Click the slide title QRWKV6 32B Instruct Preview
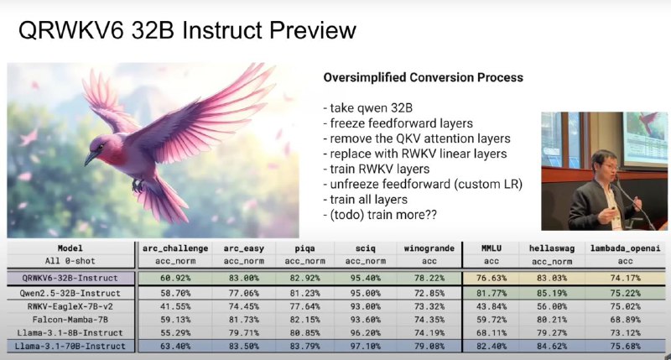click(x=187, y=30)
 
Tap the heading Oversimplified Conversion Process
click(x=424, y=77)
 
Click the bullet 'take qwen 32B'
click(x=368, y=108)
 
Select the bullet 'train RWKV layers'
click(x=377, y=169)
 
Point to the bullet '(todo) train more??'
click(x=381, y=215)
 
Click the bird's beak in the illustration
click(x=91, y=158)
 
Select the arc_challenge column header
click(x=175, y=248)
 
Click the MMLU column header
click(x=491, y=248)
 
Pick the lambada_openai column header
click(x=625, y=248)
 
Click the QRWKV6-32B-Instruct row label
click(x=70, y=279)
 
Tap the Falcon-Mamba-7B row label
click(x=70, y=320)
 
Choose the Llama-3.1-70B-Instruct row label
click(x=70, y=346)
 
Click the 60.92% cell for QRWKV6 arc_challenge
click(x=175, y=279)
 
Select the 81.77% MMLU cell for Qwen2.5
click(x=491, y=293)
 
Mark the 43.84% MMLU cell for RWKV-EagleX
click(x=491, y=306)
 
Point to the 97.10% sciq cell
click(x=366, y=346)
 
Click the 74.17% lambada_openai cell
click(x=625, y=279)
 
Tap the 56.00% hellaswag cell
click(x=552, y=306)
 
